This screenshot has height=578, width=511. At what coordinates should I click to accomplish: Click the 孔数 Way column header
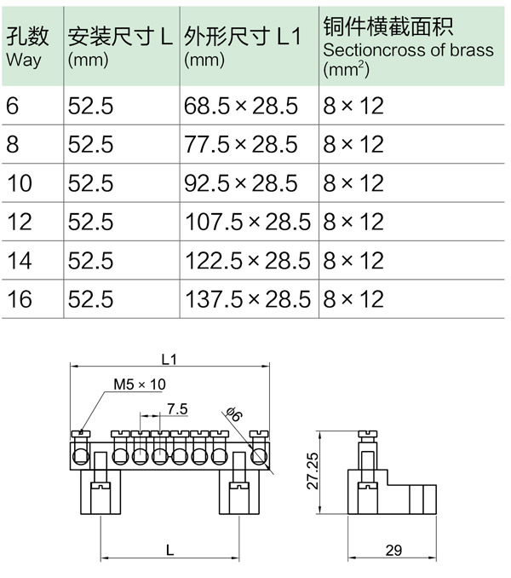pyautogui.click(x=27, y=47)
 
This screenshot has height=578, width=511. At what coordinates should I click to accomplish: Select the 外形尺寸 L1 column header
pyautogui.click(x=243, y=46)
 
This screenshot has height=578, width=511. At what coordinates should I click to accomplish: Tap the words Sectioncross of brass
pyautogui.click(x=408, y=50)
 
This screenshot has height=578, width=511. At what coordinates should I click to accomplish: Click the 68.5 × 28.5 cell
pyautogui.click(x=240, y=106)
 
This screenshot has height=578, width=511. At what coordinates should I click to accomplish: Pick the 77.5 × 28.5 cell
pyautogui.click(x=240, y=144)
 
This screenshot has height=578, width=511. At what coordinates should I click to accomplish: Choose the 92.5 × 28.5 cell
pyautogui.click(x=240, y=183)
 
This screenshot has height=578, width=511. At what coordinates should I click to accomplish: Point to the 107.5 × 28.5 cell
pyautogui.click(x=248, y=222)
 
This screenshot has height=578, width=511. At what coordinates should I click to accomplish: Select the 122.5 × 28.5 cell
pyautogui.click(x=248, y=261)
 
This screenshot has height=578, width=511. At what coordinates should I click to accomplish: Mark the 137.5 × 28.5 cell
pyautogui.click(x=248, y=299)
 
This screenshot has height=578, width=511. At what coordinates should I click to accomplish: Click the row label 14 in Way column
pyautogui.click(x=20, y=261)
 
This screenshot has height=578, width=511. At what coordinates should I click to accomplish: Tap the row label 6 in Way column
pyautogui.click(x=12, y=106)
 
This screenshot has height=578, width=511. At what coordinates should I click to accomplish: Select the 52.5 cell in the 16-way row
pyautogui.click(x=90, y=299)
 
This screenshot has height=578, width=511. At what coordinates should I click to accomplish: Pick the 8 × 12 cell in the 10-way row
pyautogui.click(x=353, y=183)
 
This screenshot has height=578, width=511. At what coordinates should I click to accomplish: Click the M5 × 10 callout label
pyautogui.click(x=140, y=384)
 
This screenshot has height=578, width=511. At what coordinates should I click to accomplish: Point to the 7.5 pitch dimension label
pyautogui.click(x=177, y=409)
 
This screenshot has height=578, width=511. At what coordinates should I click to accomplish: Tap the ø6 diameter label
pyautogui.click(x=234, y=413)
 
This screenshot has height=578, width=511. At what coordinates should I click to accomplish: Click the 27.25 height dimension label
pyautogui.click(x=313, y=471)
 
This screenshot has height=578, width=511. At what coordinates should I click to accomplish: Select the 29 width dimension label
pyautogui.click(x=393, y=551)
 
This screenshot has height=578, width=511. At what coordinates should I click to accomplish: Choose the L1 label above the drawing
pyautogui.click(x=169, y=360)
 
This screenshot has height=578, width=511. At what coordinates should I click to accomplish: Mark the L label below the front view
pyautogui.click(x=169, y=551)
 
